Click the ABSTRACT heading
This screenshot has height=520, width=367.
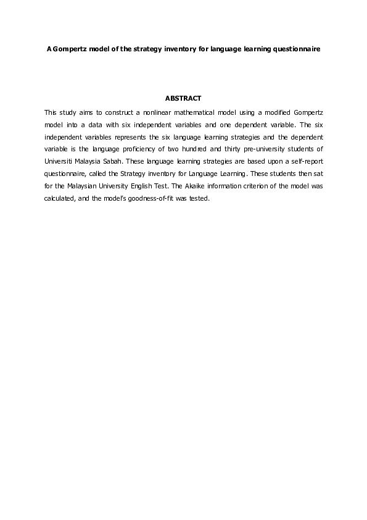183,98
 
